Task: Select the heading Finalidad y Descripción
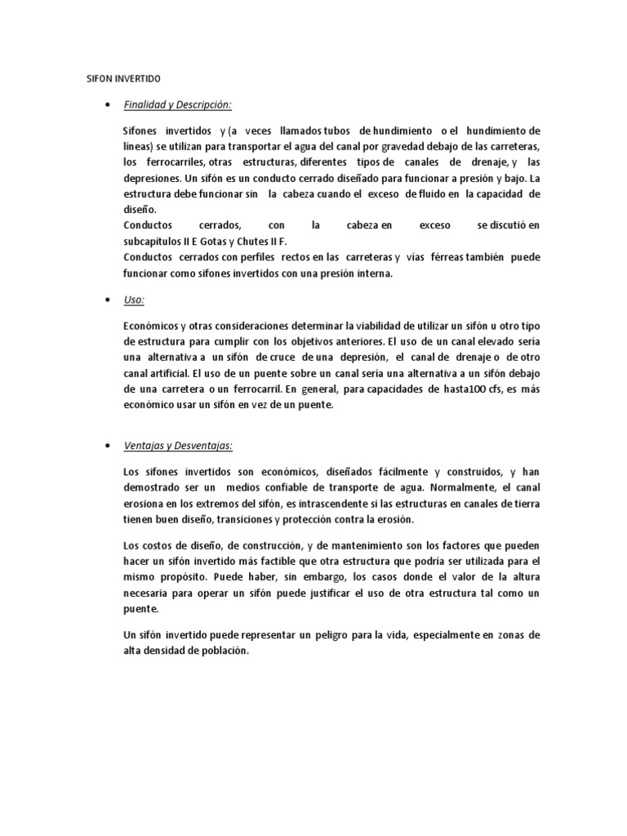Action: click(x=177, y=104)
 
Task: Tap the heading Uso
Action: click(x=133, y=300)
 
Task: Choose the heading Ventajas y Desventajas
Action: click(x=177, y=446)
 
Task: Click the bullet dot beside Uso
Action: click(x=108, y=300)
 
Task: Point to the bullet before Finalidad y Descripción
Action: click(x=108, y=104)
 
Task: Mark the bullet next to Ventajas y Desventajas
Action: click(x=108, y=446)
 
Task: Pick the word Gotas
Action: click(x=217, y=242)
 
